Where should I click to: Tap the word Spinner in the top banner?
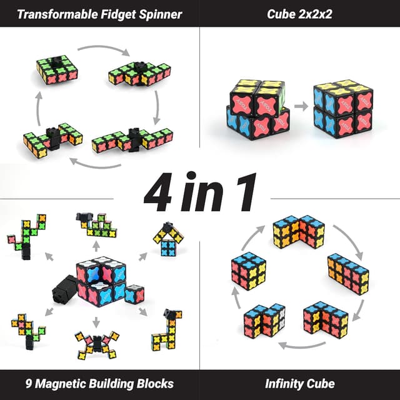pyautogui.click(x=162, y=14)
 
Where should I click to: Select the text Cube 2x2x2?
pyautogui.click(x=300, y=14)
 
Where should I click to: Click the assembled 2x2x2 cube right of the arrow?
pyautogui.click(x=344, y=107)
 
